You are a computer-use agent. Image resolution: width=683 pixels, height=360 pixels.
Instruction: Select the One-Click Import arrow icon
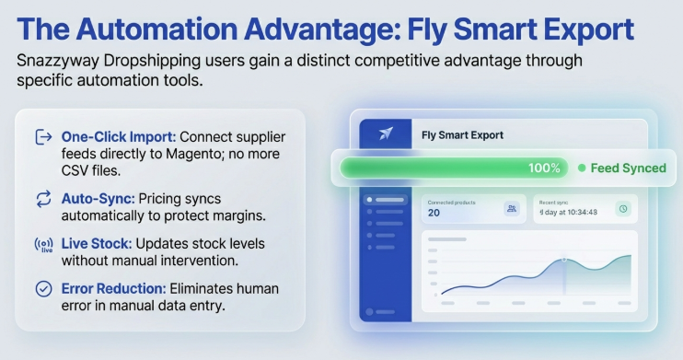[42, 137]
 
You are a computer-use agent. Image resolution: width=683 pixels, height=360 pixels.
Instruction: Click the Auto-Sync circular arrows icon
[42, 198]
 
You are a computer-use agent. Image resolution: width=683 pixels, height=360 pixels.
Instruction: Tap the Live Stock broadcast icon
[42, 246]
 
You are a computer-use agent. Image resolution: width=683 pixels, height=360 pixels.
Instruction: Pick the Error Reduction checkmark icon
[42, 289]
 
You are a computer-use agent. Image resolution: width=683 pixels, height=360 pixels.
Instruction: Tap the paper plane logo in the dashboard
[386, 134]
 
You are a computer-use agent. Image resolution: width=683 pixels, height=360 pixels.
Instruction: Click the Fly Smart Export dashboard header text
[462, 134]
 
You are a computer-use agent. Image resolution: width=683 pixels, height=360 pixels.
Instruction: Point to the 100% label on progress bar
[543, 168]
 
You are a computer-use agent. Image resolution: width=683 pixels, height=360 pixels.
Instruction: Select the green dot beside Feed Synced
[581, 168]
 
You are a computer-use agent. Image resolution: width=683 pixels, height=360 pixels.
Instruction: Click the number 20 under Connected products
[434, 213]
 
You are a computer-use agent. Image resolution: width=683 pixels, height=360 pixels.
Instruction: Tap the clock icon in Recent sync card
[622, 209]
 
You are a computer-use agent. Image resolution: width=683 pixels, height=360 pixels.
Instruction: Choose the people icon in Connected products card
[511, 209]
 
